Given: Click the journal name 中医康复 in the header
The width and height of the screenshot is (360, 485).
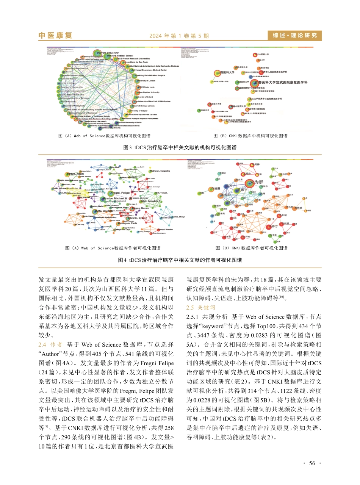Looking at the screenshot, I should [x=55, y=36].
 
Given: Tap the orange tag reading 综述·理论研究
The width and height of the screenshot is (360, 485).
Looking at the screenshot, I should [x=294, y=36].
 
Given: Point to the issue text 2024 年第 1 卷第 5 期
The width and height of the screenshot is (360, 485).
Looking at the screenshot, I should [x=179, y=36].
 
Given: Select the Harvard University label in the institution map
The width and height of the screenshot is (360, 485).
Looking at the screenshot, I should [x=108, y=53].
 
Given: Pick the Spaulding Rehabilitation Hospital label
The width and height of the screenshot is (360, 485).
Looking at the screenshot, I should [x=150, y=75].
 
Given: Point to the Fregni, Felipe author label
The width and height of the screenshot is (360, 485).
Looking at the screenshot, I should [x=119, y=193].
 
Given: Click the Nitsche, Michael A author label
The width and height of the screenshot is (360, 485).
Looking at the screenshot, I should [x=115, y=199].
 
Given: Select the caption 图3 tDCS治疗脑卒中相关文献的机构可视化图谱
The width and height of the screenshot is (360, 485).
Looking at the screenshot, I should [x=180, y=147].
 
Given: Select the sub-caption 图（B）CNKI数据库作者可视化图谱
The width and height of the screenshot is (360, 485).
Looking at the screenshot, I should [x=251, y=248].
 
